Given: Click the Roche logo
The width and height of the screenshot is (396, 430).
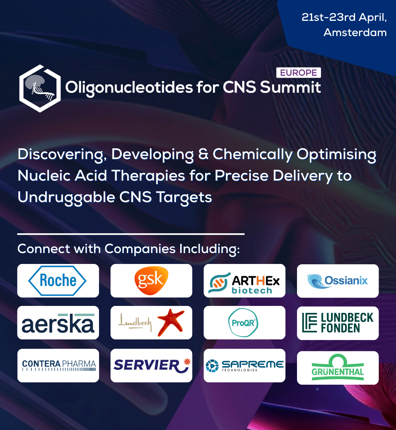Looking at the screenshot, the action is tap(57, 280).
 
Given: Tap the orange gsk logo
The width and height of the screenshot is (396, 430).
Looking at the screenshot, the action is tap(151, 280).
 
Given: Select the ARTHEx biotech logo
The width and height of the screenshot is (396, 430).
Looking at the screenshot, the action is tap(244, 283).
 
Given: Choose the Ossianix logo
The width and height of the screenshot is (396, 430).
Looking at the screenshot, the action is tap(338, 281).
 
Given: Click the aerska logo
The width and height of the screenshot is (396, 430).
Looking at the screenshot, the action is tap(58, 323).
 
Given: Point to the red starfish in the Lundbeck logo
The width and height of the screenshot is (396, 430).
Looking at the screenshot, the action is tap(171, 322).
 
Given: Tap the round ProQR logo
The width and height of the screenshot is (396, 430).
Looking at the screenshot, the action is tap(243, 322).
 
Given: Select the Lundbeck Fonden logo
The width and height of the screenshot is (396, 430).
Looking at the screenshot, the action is tap(338, 322).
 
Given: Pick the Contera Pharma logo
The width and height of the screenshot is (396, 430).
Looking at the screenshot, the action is tap(59, 365).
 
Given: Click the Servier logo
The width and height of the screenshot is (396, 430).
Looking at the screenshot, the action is tap(152, 365).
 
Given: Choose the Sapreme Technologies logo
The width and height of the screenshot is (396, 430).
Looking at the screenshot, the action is tap(245, 366).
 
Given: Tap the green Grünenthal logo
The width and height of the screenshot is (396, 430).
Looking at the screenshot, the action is tap(338, 367).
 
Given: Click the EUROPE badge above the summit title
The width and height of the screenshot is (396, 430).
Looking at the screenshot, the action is tap(299, 72).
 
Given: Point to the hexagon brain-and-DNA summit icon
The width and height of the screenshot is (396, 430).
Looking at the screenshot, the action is tap(40, 88).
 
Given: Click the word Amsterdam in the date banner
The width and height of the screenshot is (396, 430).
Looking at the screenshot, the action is tap(355, 33).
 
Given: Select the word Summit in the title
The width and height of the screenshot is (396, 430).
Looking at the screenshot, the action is tap(290, 87).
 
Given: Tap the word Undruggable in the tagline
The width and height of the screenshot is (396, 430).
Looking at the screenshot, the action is tap(66, 197).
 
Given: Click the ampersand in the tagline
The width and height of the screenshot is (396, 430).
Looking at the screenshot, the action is tap(203, 154).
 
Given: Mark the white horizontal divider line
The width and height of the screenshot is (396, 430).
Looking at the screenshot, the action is tap(131, 234).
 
